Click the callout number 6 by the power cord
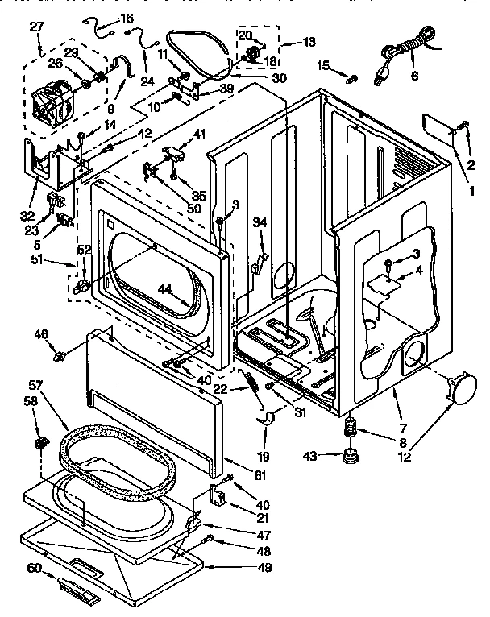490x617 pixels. (x=414, y=77)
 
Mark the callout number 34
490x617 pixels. (x=260, y=222)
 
